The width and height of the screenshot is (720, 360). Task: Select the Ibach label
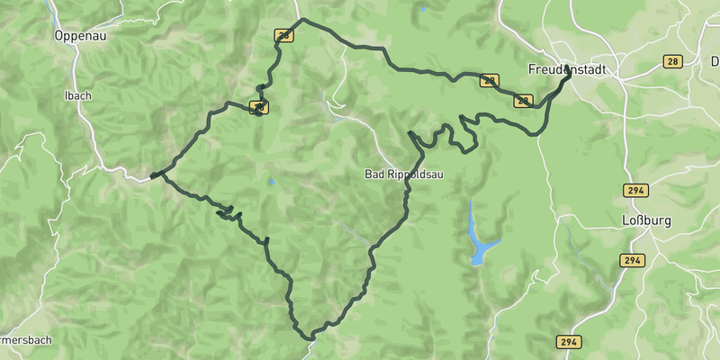tap(77, 95)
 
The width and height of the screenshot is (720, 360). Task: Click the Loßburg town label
tap(643, 220)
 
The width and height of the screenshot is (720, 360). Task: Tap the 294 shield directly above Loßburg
tap(634, 191)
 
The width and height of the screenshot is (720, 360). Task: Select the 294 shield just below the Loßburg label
tap(632, 260)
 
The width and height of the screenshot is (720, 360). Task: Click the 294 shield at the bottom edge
tap(568, 342)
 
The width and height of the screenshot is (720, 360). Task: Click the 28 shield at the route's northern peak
tap(284, 36)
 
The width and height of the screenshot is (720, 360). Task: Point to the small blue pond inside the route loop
tap(271, 182)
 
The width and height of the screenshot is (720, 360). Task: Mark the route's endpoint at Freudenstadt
tap(568, 77)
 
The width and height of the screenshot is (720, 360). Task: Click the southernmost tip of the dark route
tap(310, 338)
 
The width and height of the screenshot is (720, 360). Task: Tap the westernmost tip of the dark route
tap(152, 175)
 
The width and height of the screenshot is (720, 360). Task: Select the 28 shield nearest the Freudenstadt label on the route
tap(524, 102)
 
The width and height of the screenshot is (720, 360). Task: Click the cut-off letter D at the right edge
tap(715, 61)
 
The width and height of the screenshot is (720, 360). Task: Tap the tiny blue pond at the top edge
tap(422, 9)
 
